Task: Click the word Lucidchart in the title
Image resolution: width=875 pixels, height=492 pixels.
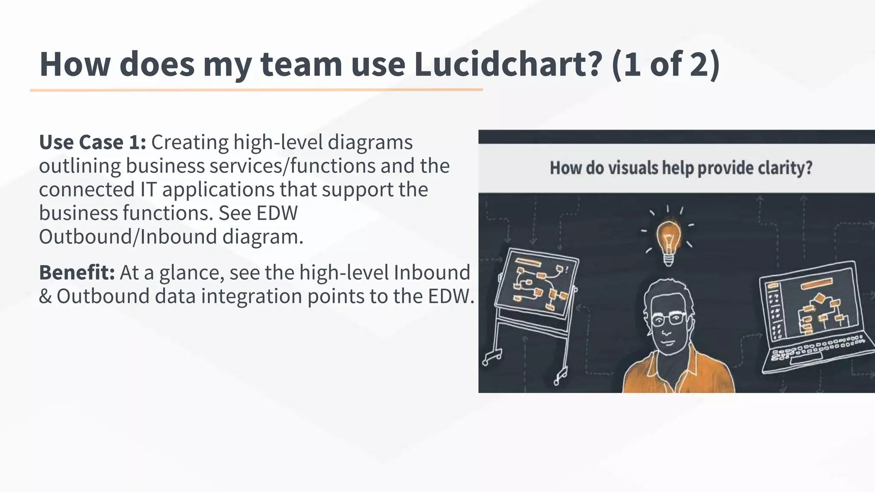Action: click(x=508, y=64)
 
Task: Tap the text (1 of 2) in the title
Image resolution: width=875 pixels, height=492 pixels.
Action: click(x=666, y=64)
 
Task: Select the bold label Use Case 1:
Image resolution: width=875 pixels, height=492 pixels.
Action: click(x=92, y=142)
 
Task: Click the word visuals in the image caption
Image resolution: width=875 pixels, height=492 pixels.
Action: click(x=633, y=168)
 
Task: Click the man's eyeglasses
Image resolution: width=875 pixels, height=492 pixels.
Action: click(x=669, y=319)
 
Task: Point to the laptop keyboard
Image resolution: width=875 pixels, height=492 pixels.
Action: click(x=816, y=348)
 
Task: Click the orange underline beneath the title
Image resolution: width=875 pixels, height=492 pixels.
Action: click(x=256, y=90)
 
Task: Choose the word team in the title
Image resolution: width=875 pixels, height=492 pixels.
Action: click(x=301, y=64)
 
